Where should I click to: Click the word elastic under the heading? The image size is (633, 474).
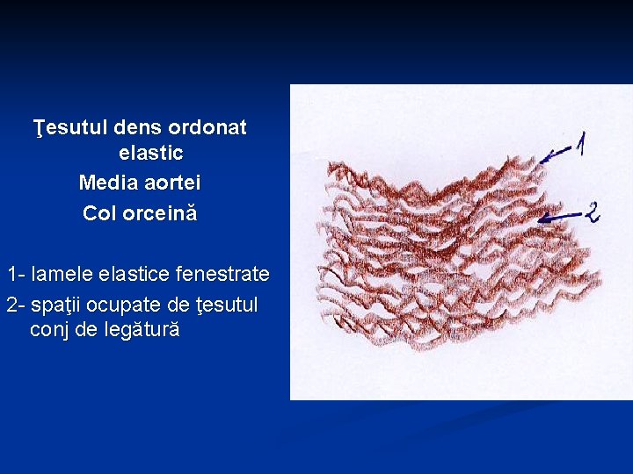[150, 154]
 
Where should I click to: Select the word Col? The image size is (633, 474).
[98, 213]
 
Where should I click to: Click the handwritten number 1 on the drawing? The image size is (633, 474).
[581, 143]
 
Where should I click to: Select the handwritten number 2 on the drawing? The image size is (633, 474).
[592, 211]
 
